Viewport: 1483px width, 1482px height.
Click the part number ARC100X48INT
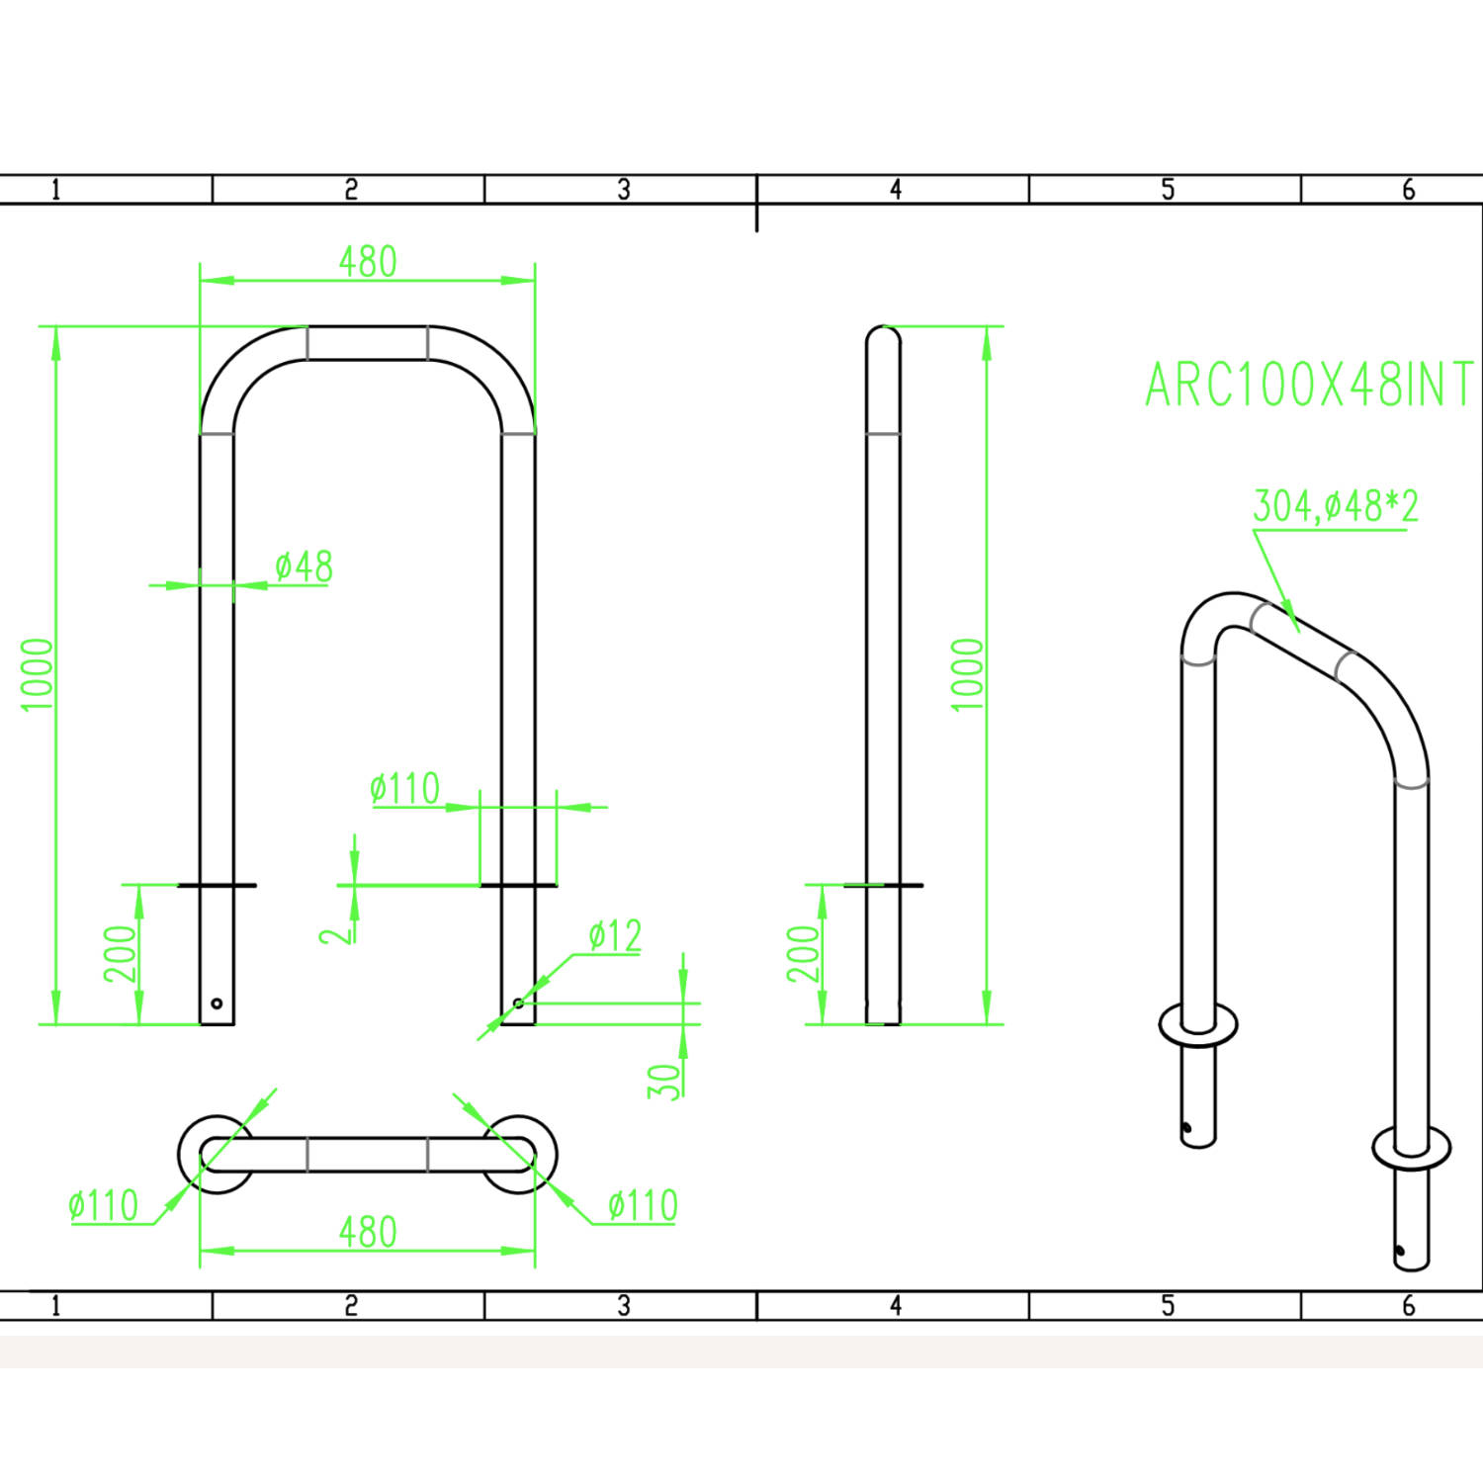(1309, 385)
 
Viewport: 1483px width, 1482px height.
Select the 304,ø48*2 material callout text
(1336, 506)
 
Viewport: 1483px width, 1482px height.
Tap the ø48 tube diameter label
(304, 567)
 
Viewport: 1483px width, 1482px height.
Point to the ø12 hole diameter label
(615, 935)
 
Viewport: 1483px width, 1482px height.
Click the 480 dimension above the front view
(368, 262)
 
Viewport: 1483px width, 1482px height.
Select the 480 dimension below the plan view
(368, 1232)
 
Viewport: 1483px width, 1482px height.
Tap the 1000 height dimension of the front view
(37, 674)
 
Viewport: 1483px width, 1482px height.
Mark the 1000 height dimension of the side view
(968, 674)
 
